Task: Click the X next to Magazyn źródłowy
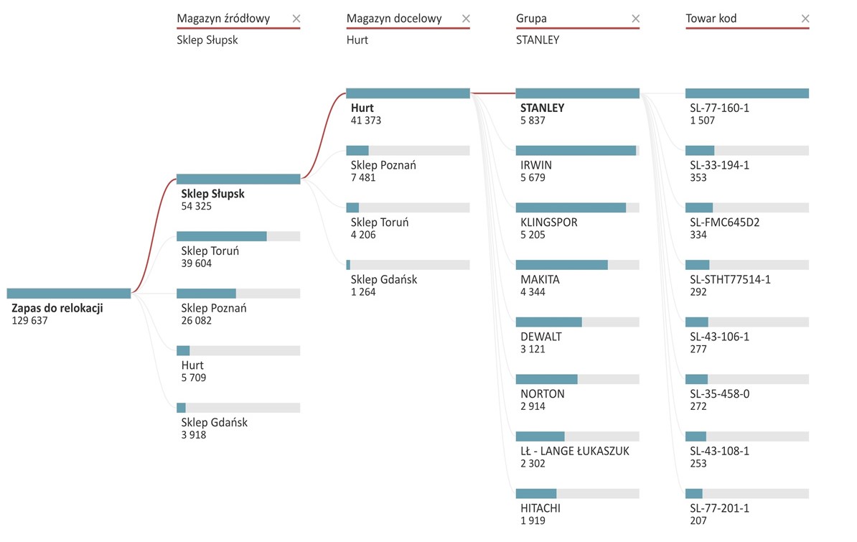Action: point(296,19)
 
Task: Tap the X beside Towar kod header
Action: point(805,19)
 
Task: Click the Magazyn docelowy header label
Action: point(394,19)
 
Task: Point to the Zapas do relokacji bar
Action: point(69,293)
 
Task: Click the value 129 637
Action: point(30,321)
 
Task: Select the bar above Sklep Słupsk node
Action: point(238,179)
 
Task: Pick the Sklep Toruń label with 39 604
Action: point(210,251)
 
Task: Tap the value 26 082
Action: point(197,321)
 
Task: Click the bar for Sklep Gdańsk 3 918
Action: point(238,408)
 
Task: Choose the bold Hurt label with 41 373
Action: point(362,108)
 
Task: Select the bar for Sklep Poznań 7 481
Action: point(408,150)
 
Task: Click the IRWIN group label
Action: point(536,165)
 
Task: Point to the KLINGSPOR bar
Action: point(577,207)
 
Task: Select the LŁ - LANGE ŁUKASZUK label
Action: point(575,452)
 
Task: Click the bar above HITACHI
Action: point(577,494)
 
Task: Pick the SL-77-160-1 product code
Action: point(719,108)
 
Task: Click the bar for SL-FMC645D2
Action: point(746,207)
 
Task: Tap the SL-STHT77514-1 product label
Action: point(730,279)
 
